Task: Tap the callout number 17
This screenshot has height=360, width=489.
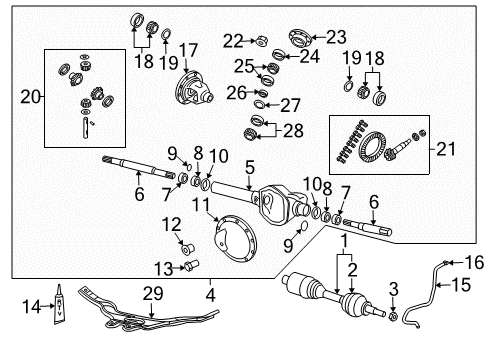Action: coord(188,49)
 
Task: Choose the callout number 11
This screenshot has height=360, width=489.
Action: coord(201,205)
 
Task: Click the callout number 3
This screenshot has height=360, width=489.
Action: coord(393,288)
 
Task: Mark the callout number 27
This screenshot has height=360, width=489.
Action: coord(290,106)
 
